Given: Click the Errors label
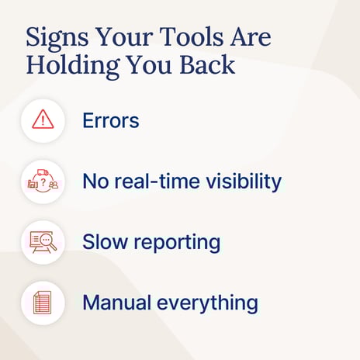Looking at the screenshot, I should tap(111, 120).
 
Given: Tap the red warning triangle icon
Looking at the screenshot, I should tap(43, 119).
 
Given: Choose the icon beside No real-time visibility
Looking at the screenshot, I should tap(43, 182).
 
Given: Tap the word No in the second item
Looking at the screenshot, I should tap(96, 182).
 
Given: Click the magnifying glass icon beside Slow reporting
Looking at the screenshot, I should tap(43, 242).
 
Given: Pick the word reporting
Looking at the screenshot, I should tap(176, 243).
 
